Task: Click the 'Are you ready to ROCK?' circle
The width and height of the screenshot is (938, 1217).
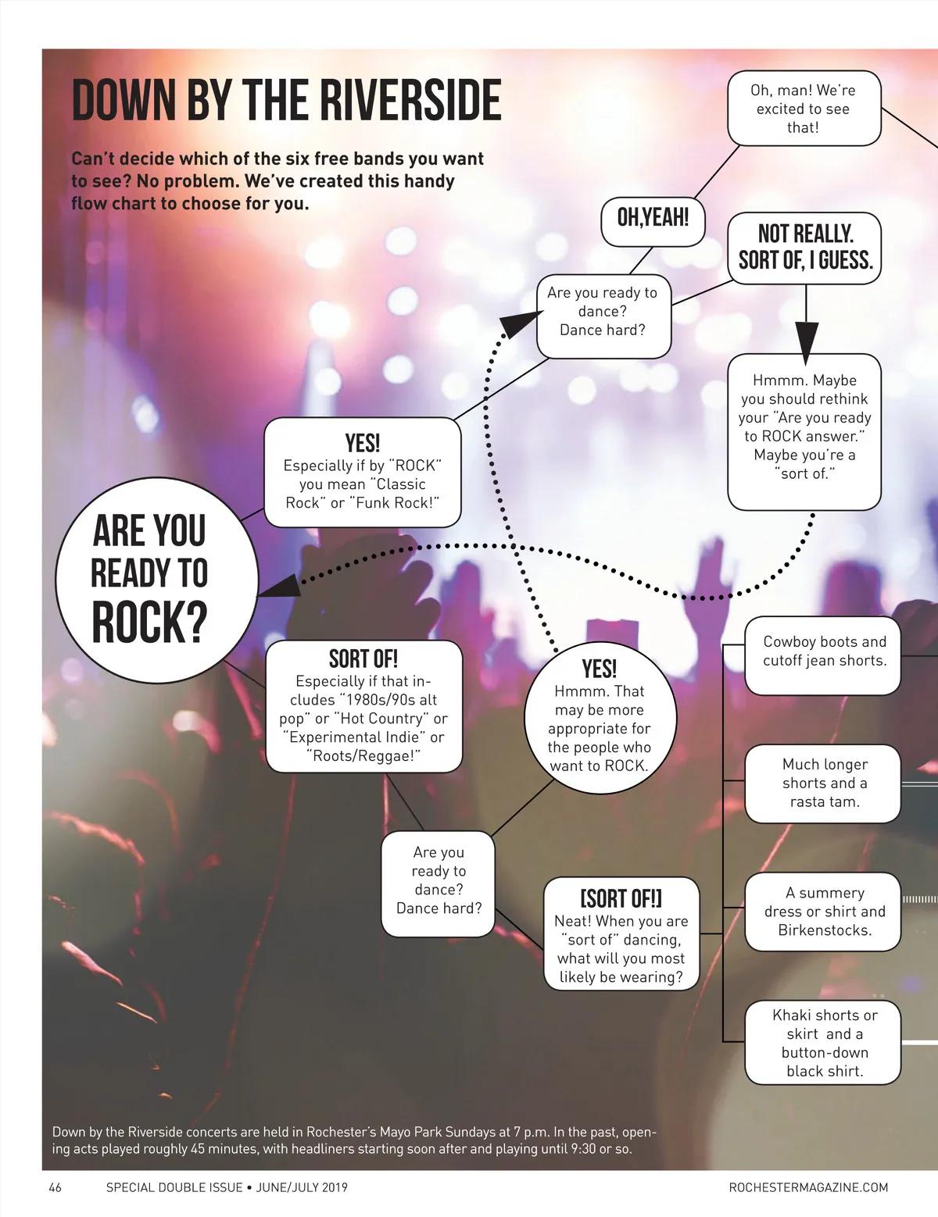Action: (156, 578)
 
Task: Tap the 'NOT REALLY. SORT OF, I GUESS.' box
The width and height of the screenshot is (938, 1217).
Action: (804, 246)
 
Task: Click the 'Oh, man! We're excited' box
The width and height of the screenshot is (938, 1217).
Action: (803, 109)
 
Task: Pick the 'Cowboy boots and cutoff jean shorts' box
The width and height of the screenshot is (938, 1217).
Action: (824, 651)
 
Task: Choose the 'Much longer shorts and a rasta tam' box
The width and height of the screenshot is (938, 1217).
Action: (824, 783)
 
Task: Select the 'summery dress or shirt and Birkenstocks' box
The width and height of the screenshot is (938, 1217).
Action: (824, 911)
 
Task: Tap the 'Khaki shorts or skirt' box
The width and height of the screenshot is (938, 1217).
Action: (824, 1042)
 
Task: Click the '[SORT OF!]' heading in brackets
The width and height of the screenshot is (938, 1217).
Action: (621, 898)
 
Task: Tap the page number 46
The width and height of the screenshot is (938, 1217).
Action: (55, 1187)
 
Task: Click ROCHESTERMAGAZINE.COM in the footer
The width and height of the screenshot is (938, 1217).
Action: (808, 1187)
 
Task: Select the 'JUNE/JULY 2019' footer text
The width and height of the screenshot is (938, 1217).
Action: (302, 1187)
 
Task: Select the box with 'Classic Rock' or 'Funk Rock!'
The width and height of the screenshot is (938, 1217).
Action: (363, 473)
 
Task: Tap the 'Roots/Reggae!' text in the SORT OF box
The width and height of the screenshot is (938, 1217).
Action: (363, 755)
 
